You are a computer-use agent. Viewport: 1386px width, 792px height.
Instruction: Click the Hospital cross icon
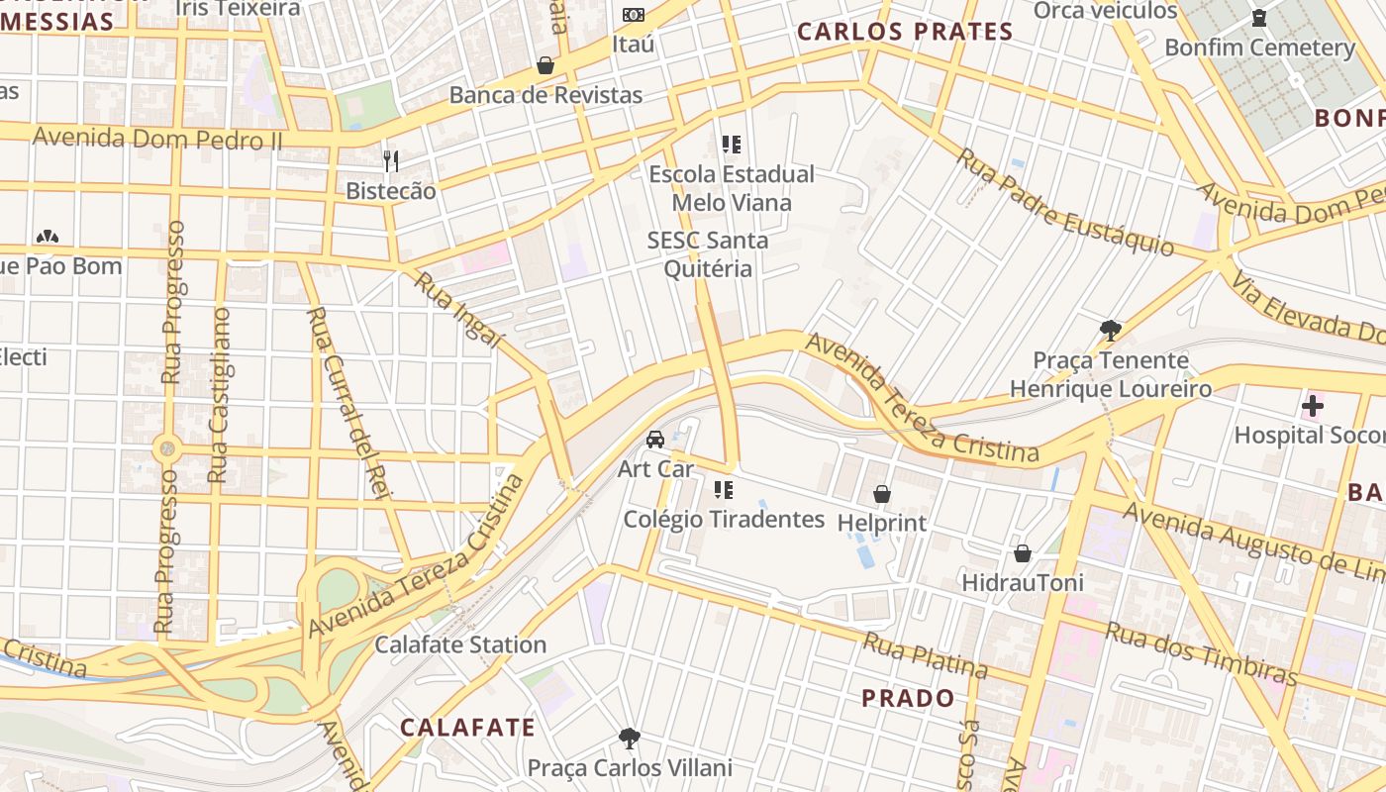pyautogui.click(x=1312, y=405)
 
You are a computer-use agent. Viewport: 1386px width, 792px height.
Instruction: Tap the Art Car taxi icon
pyautogui.click(x=655, y=439)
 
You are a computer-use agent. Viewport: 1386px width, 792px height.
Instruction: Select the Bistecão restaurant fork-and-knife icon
pyautogui.click(x=391, y=160)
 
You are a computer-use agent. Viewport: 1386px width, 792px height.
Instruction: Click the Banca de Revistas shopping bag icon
pyautogui.click(x=544, y=65)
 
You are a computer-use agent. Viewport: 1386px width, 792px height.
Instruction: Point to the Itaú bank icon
pyautogui.click(x=633, y=14)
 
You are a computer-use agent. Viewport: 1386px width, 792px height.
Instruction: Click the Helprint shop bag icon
pyautogui.click(x=881, y=493)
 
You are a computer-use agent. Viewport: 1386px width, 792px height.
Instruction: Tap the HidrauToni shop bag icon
pyautogui.click(x=1022, y=553)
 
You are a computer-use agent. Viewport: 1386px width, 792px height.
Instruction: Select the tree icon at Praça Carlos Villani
pyautogui.click(x=629, y=738)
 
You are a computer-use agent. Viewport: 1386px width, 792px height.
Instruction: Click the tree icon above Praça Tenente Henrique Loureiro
pyautogui.click(x=1110, y=330)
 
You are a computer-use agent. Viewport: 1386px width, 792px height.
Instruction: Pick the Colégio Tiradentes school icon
pyautogui.click(x=724, y=489)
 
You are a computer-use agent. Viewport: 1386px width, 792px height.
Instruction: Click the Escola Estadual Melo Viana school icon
pyautogui.click(x=732, y=145)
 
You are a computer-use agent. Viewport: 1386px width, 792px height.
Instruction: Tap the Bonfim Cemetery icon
pyautogui.click(x=1259, y=17)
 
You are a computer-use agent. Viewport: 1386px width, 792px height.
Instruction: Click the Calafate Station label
pyautogui.click(x=460, y=644)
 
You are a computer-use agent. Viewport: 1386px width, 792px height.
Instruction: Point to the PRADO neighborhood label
pyautogui.click(x=908, y=698)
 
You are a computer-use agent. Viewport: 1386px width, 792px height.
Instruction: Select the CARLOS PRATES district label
pyautogui.click(x=905, y=32)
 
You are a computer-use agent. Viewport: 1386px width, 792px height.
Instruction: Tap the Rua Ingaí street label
pyautogui.click(x=458, y=310)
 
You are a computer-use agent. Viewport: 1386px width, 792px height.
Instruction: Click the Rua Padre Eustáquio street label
pyautogui.click(x=1064, y=202)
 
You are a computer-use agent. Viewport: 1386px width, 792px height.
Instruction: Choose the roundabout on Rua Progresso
pyautogui.click(x=166, y=448)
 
